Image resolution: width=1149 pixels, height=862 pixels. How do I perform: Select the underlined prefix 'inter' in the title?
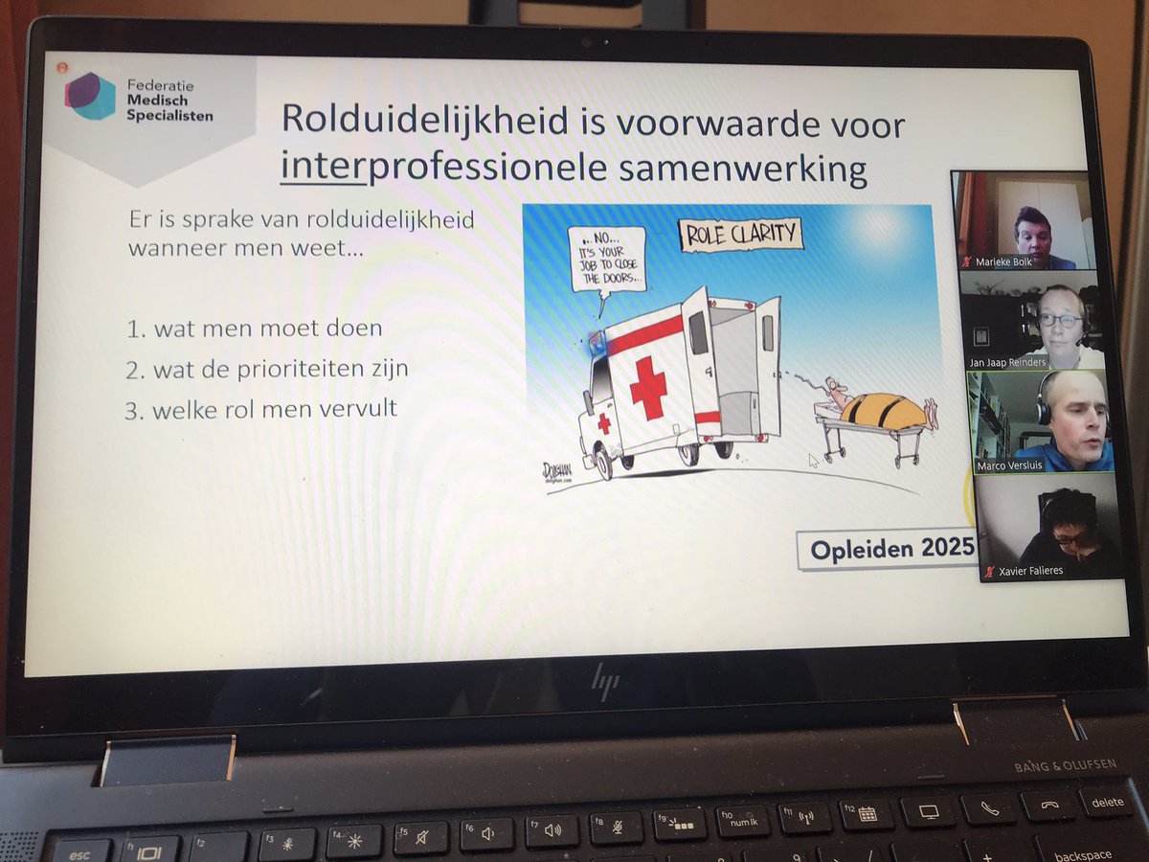pyautogui.click(x=324, y=169)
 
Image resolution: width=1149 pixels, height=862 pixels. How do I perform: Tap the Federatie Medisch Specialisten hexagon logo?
pyautogui.click(x=91, y=96)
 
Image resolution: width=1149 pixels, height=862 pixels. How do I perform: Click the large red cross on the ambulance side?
pyautogui.click(x=649, y=385)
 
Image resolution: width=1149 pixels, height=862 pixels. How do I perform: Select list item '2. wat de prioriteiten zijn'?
pyautogui.click(x=268, y=368)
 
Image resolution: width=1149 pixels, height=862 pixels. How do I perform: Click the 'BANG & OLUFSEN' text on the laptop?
pyautogui.click(x=1062, y=766)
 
